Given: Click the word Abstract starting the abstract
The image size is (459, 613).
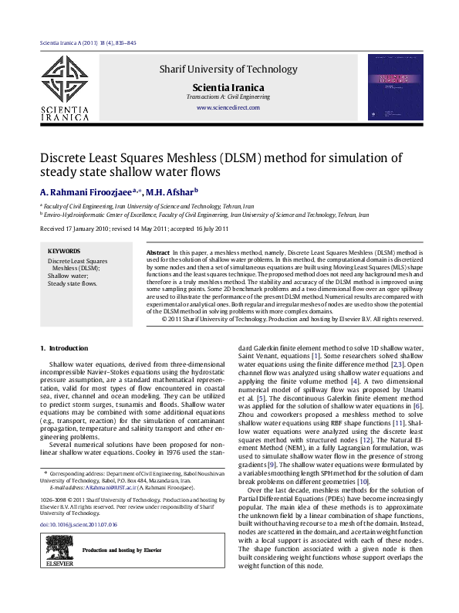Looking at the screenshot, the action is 157,252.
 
